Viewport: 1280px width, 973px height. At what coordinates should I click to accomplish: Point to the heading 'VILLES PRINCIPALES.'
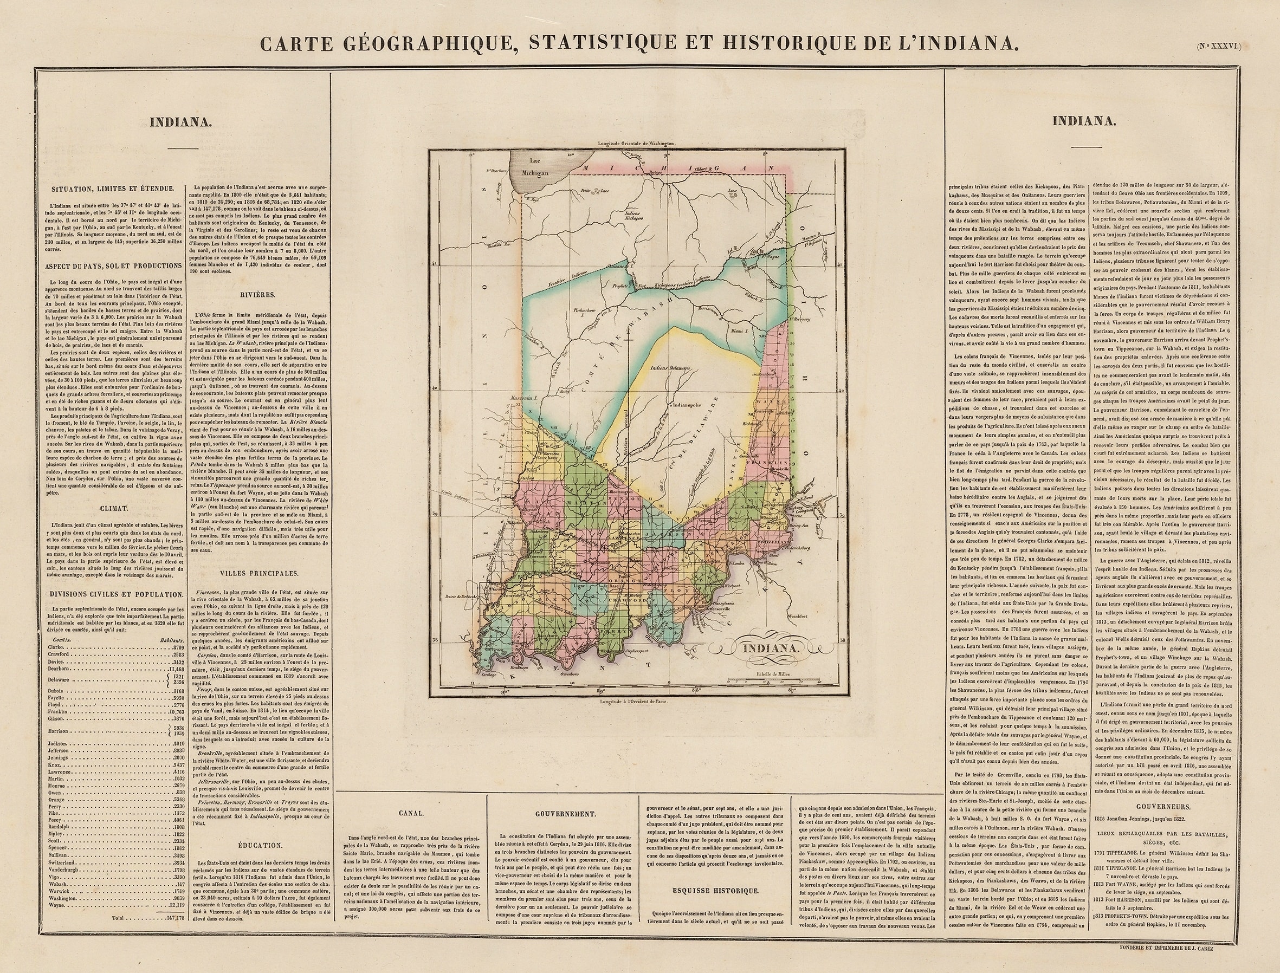259,573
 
